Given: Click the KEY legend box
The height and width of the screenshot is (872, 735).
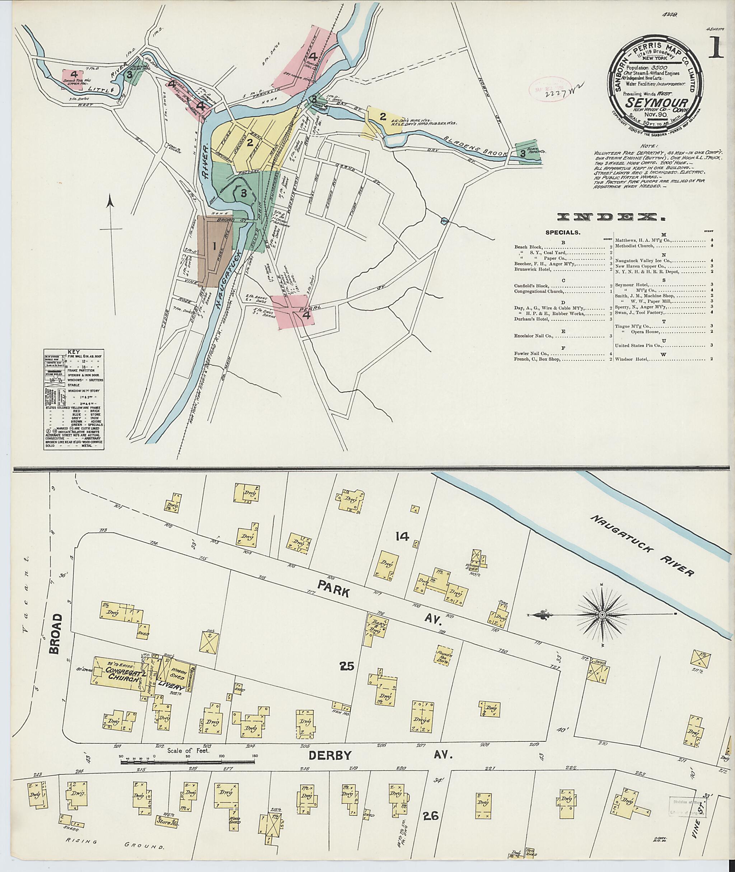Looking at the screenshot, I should point(74,399).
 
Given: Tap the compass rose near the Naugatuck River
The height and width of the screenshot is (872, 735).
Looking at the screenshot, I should point(602,615).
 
